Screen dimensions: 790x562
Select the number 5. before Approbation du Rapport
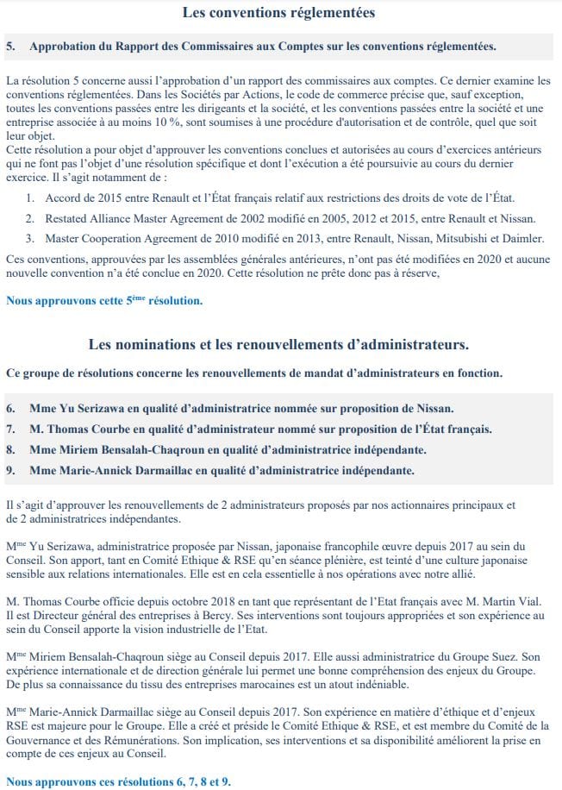[10, 45]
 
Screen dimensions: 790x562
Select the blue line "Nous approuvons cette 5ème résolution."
[104, 301]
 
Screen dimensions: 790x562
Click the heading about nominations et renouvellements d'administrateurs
[279, 345]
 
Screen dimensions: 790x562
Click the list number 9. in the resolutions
[10, 470]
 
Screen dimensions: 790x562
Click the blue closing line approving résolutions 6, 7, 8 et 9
[118, 781]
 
